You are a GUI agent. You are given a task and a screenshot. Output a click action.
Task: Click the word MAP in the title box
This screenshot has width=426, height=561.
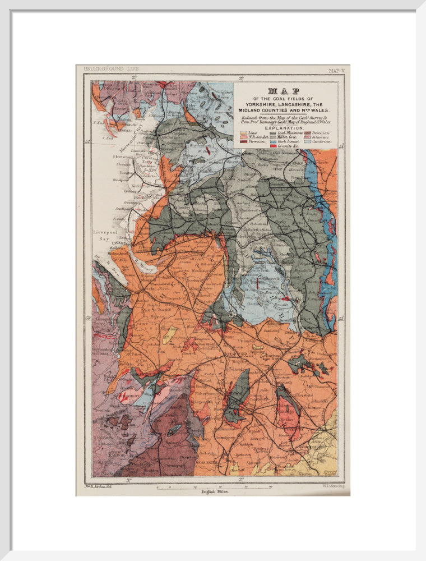click(284, 91)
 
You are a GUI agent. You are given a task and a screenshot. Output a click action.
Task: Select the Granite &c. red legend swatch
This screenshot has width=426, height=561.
click(274, 146)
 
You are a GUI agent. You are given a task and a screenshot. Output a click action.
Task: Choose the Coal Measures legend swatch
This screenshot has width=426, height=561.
click(274, 132)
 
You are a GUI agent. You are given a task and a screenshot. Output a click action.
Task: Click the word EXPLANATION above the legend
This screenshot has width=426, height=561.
click(284, 127)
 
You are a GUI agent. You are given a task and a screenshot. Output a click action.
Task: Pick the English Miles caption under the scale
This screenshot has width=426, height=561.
click(213, 491)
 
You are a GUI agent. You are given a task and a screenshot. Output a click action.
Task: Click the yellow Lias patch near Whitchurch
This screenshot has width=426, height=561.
click(167, 340)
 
